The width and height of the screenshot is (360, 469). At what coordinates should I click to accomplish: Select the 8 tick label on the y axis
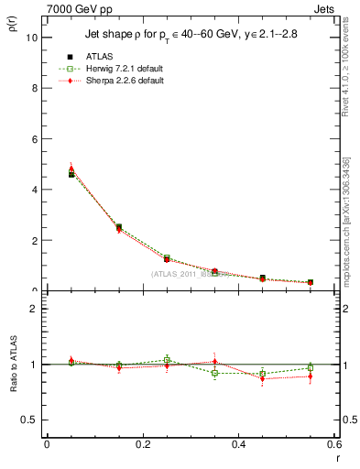[34, 88]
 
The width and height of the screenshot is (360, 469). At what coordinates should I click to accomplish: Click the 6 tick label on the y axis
[34, 139]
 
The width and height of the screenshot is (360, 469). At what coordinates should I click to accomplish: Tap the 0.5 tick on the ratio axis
[30, 420]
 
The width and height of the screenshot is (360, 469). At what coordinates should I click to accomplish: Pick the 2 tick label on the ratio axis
[34, 309]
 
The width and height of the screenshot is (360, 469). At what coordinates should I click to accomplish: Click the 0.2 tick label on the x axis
[143, 445]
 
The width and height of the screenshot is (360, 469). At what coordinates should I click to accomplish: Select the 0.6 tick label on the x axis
[333, 445]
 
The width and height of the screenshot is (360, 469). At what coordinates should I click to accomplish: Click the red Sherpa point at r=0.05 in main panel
[71, 169]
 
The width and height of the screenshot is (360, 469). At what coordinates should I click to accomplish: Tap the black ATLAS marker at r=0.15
[119, 227]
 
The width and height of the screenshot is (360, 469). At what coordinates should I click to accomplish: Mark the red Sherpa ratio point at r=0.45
[263, 378]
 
